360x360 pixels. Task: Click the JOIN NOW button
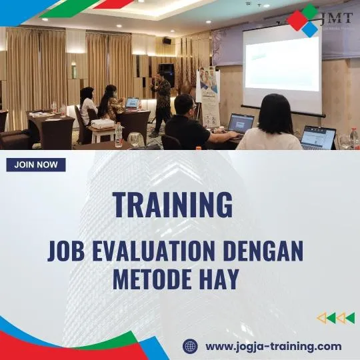point(36,165)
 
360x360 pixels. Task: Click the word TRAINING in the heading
point(172,205)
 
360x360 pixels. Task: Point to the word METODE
point(147,279)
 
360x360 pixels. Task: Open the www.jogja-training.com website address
point(273,346)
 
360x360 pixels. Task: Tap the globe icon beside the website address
point(191,346)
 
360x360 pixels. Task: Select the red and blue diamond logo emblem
point(303,20)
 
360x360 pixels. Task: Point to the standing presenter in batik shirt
point(161,100)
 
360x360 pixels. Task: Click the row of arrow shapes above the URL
point(335,318)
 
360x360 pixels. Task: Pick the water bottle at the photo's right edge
point(354,138)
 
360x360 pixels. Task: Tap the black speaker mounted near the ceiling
point(166,41)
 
